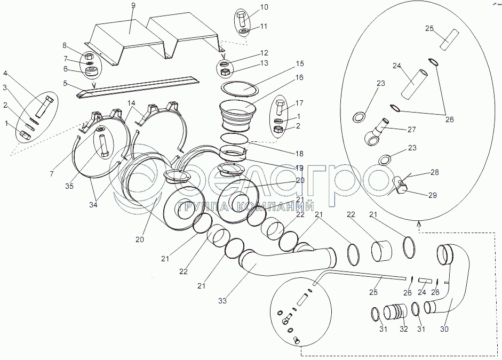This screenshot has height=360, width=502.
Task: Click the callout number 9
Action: (133, 5)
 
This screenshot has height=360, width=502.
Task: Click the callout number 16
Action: (299, 78)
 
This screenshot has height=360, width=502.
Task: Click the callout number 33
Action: (222, 301)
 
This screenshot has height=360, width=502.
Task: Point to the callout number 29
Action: (432, 195)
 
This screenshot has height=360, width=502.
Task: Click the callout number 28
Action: (434, 173)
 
